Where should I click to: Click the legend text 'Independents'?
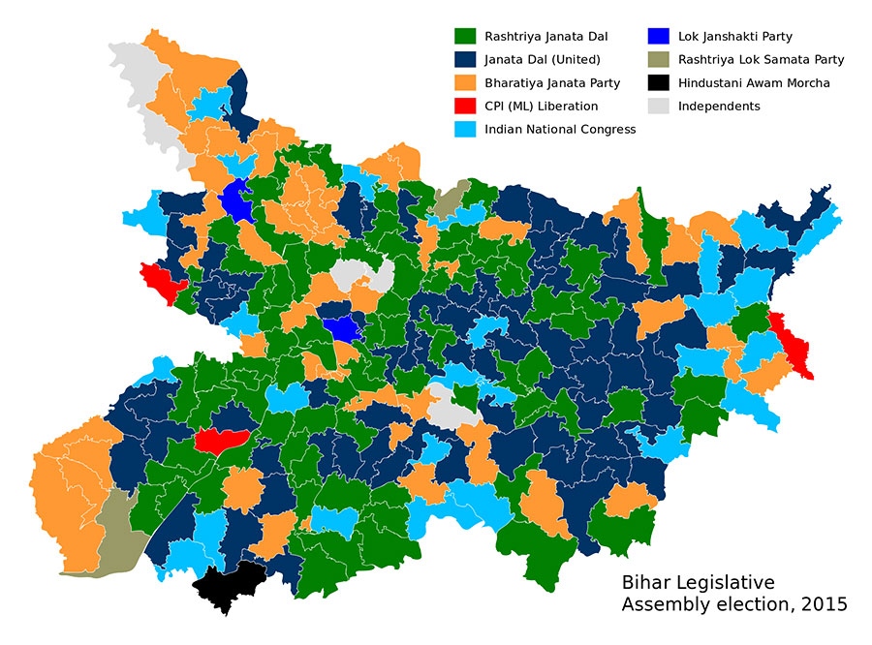pyautogui.click(x=719, y=107)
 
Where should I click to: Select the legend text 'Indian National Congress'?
pyautogui.click(x=560, y=130)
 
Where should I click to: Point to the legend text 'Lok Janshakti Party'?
pyautogui.click(x=735, y=37)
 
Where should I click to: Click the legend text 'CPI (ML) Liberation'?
pyautogui.click(x=541, y=107)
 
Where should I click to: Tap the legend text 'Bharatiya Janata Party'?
pyautogui.click(x=551, y=83)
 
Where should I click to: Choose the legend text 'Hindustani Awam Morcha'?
pyautogui.click(x=754, y=83)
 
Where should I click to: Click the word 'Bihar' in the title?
pyautogui.click(x=645, y=583)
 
